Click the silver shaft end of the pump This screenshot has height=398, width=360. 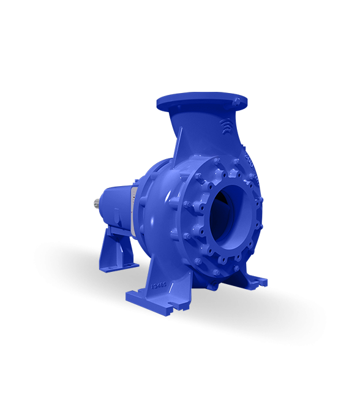(x=97, y=202)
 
